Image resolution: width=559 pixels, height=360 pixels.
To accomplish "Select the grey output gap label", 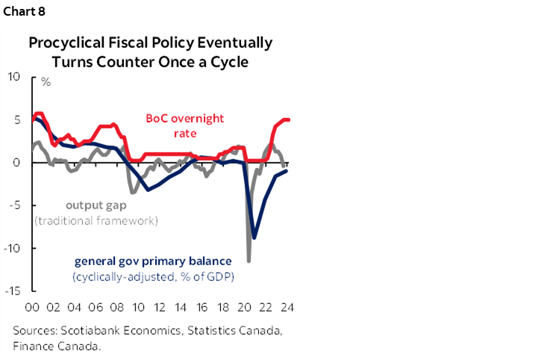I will pyautogui.click(x=95, y=205).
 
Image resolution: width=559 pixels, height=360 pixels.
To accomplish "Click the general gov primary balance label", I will pyautogui.click(x=153, y=261).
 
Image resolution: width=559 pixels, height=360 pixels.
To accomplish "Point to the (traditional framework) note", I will pyautogui.click(x=96, y=220).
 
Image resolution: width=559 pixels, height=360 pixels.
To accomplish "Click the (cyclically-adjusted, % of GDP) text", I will pyautogui.click(x=153, y=277).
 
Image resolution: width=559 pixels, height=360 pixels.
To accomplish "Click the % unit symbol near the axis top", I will pyautogui.click(x=46, y=81).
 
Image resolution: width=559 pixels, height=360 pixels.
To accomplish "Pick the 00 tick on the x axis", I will pyautogui.click(x=32, y=306).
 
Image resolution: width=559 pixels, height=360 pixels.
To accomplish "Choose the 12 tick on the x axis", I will pyautogui.click(x=160, y=306).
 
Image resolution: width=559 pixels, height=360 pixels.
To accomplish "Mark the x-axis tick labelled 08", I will pyautogui.click(x=117, y=306).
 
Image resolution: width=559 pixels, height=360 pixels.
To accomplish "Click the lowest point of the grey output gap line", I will pyautogui.click(x=249, y=261).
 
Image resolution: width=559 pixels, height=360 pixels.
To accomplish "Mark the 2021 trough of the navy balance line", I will pyautogui.click(x=254, y=238).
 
